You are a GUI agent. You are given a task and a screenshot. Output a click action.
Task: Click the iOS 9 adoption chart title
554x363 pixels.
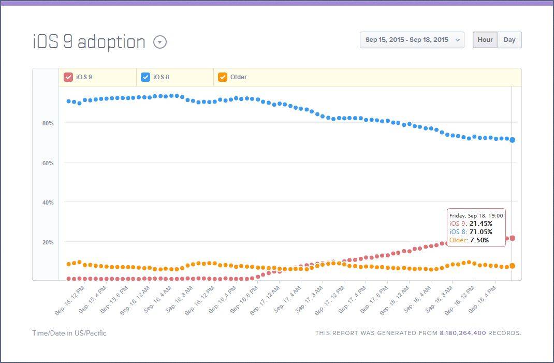(89, 42)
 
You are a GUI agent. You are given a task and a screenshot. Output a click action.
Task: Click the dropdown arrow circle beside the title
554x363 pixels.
(160, 42)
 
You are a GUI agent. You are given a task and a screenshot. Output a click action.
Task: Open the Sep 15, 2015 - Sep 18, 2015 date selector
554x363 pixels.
(412, 40)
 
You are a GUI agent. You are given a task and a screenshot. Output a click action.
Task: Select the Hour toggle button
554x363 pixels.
(485, 40)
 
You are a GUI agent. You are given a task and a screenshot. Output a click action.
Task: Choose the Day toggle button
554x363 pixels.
(509, 40)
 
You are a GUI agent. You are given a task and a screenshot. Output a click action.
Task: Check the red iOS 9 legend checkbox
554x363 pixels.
(68, 77)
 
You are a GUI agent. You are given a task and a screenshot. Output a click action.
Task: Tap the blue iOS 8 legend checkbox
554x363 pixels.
(145, 77)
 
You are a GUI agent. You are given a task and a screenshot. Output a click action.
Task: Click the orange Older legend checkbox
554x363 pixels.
(223, 77)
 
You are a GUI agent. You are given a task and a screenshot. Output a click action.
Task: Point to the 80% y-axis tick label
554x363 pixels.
(48, 123)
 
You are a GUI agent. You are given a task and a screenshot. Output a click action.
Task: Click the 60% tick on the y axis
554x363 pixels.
(48, 163)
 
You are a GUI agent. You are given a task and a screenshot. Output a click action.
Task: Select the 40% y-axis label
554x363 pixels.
(48, 202)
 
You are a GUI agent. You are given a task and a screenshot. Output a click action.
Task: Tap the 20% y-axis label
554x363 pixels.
(48, 242)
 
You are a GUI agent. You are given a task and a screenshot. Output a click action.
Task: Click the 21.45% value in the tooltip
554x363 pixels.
(480, 223)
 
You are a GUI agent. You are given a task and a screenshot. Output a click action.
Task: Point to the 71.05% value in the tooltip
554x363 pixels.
(480, 231)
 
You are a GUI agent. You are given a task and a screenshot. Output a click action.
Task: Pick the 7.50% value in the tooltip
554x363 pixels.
(479, 240)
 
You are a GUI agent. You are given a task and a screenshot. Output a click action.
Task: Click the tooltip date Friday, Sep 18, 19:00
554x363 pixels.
(476, 215)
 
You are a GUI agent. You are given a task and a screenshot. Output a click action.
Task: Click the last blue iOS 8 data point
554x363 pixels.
(512, 140)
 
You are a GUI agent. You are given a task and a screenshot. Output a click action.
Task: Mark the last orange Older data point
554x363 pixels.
(512, 266)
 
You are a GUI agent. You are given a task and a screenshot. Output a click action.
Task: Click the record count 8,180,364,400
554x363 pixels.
(462, 333)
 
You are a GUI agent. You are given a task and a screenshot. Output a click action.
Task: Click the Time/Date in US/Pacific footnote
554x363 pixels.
(69, 333)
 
